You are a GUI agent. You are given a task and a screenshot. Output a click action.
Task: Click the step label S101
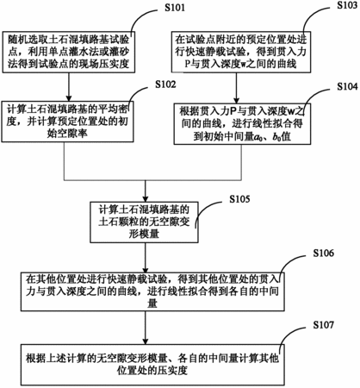(x=175, y=8)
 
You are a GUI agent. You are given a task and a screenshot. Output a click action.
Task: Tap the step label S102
(x=165, y=84)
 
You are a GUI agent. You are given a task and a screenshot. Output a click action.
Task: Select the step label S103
(x=347, y=5)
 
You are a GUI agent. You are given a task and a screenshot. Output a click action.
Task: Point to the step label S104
(x=347, y=86)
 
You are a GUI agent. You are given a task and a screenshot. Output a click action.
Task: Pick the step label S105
(x=239, y=199)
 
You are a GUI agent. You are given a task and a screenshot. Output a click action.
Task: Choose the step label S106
(x=324, y=253)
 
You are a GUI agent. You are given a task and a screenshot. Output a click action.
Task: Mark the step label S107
(x=324, y=325)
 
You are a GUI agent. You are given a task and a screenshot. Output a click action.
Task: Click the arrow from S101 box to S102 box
(x=69, y=87)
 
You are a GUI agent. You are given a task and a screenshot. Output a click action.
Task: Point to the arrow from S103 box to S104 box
(x=236, y=88)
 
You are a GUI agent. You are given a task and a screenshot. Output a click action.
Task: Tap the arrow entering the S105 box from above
(x=146, y=191)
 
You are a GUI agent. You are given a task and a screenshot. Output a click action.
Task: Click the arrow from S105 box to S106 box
(x=146, y=257)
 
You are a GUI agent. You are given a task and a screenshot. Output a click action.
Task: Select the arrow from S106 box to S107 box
(x=146, y=328)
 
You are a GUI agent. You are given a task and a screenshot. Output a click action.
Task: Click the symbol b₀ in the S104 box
(x=276, y=136)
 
